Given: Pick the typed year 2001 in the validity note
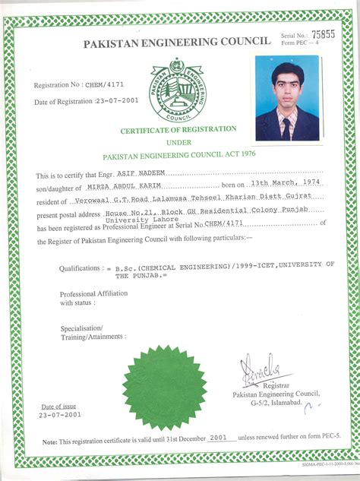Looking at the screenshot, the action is (x=219, y=439).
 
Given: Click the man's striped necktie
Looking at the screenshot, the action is (x=287, y=124).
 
